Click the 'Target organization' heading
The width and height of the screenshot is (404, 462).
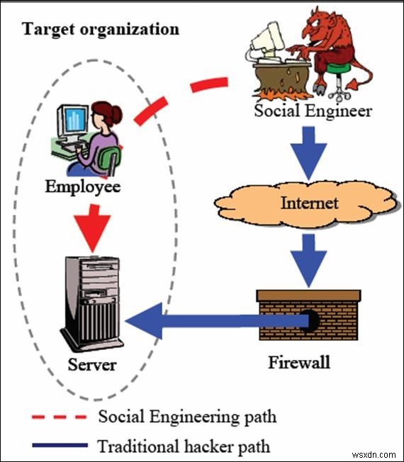pos(101,30)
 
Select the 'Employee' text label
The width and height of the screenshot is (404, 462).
pos(82,187)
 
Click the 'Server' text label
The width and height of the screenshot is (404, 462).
pos(91,366)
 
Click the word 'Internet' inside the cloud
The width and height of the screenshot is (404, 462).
pos(309,203)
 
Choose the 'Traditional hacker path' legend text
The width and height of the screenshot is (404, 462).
pos(184,446)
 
